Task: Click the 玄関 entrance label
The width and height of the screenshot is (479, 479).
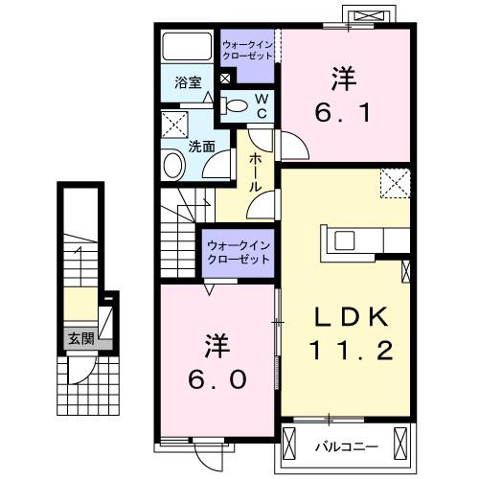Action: [x=80, y=337]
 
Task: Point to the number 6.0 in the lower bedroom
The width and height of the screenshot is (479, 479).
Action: [x=218, y=378]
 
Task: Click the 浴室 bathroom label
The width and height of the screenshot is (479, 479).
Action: [x=187, y=83]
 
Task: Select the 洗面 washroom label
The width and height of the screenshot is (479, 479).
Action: [x=200, y=147]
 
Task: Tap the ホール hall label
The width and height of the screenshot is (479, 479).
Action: [x=255, y=173]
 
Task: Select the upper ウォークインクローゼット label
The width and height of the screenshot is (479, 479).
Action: [x=247, y=49]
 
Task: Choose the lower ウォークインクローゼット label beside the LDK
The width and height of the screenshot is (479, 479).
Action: [x=238, y=253]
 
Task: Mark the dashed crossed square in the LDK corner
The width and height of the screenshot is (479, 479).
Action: [x=394, y=182]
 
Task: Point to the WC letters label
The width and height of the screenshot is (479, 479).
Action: [x=261, y=105]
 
